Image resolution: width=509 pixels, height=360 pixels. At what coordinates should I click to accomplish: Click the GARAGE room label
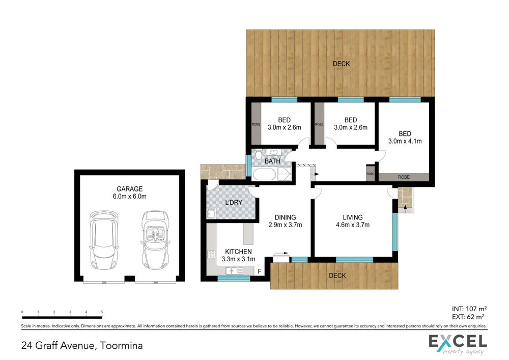pos(128,188)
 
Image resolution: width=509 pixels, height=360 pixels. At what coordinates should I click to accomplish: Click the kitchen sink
pos(234,271)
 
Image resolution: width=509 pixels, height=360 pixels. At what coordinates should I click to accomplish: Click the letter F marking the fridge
pos(260,272)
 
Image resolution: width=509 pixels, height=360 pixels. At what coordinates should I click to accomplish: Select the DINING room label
pos(285,217)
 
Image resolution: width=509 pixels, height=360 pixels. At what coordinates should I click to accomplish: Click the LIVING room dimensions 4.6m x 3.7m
pos(352,225)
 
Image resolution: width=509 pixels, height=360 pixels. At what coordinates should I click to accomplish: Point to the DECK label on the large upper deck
pos(341,64)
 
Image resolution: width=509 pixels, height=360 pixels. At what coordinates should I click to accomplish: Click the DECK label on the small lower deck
pos(337,275)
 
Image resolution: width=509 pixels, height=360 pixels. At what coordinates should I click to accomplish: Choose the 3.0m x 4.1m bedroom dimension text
pos(405,141)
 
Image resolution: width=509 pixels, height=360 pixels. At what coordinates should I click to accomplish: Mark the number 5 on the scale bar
pos(102,311)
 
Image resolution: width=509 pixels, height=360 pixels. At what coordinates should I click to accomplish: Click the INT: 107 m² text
pos(469,308)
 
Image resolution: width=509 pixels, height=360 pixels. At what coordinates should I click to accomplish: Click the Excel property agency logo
pos(458,344)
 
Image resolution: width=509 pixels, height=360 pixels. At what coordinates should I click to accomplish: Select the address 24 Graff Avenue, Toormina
pos(82,346)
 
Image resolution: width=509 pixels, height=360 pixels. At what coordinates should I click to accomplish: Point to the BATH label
pos(272,161)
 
